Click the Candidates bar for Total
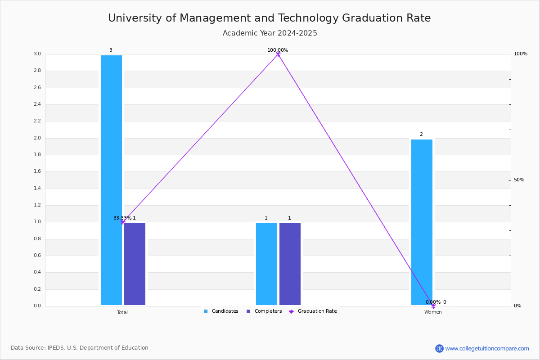coord(112,180)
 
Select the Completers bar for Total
coord(135,264)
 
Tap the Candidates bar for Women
coord(422,222)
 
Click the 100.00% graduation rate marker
coord(278,54)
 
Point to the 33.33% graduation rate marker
coord(123,222)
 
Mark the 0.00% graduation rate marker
coord(433,306)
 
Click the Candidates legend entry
coord(221,311)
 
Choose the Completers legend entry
coord(264,311)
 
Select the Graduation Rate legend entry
coord(313,311)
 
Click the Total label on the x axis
coord(122,312)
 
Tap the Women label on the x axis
coord(433,312)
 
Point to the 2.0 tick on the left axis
coord(37,138)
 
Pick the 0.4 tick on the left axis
coord(37,272)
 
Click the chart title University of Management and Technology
coord(223,18)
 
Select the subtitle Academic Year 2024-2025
coord(270,33)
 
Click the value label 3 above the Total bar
coord(111,50)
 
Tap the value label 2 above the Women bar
coord(421,134)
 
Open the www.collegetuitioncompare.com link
coord(487,348)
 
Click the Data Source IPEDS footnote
coord(80,348)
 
